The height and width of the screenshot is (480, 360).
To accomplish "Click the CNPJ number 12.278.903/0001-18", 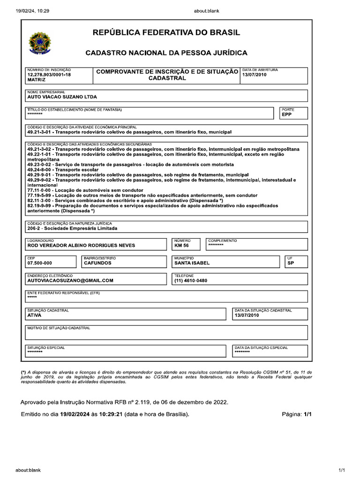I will (49, 75).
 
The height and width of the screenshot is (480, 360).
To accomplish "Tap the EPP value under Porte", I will (287, 114).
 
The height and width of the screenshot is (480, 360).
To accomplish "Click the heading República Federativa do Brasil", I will (166, 33).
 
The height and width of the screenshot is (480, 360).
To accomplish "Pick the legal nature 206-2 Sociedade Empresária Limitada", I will (72, 228).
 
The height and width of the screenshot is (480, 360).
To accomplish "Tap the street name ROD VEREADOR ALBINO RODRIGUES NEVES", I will (81, 245).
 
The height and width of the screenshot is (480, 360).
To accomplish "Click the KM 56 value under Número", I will (181, 245).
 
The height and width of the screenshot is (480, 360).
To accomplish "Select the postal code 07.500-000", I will (39, 263).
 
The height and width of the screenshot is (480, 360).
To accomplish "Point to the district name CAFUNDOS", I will (97, 263).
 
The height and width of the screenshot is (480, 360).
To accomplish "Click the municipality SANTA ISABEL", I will (192, 263).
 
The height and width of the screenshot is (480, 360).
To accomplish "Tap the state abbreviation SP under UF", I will (291, 263).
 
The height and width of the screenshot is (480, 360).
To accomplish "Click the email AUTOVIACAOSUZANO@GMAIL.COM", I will (70, 280).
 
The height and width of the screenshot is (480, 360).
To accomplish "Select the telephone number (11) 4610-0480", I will (190, 280).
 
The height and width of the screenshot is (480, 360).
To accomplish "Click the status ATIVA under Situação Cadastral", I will (34, 315).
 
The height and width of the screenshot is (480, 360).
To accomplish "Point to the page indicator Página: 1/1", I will (296, 415).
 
